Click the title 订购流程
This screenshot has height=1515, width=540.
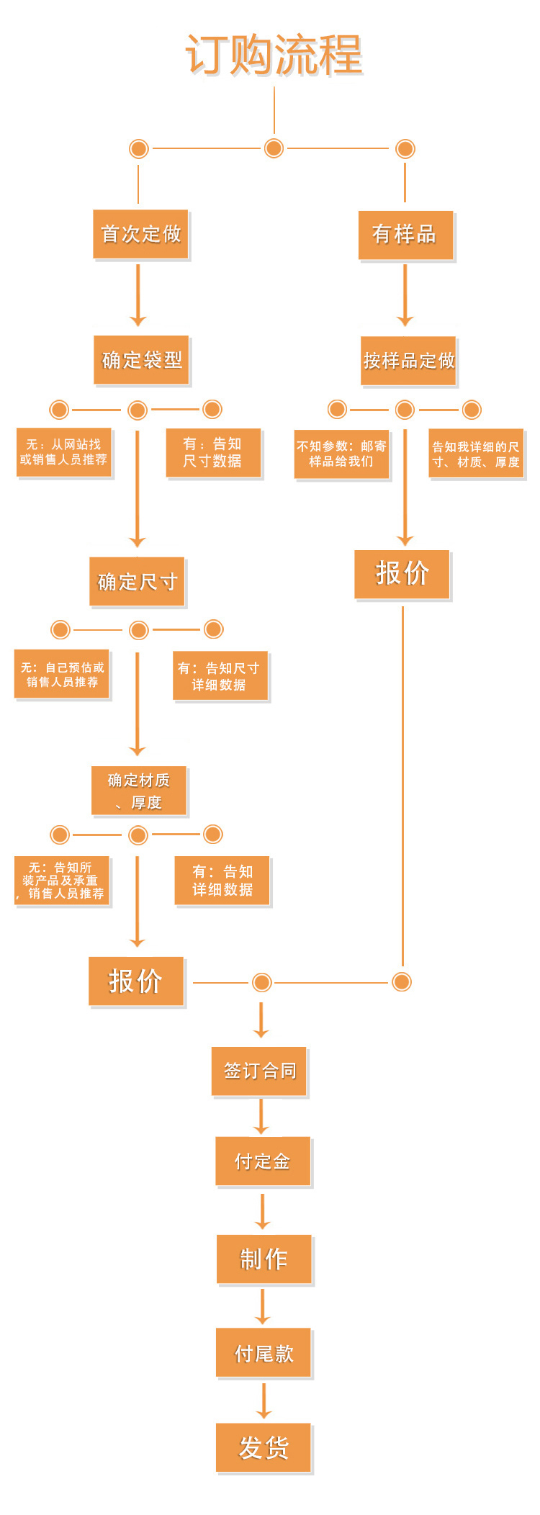point(274,55)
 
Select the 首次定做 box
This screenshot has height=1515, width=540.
point(140,234)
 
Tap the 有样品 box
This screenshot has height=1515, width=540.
point(405,235)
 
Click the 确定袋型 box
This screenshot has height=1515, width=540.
point(141,360)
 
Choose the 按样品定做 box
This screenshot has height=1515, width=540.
point(408,361)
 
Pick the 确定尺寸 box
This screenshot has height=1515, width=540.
point(137,582)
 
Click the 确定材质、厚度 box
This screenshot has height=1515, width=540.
point(139,791)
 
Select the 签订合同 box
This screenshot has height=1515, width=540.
point(259,1071)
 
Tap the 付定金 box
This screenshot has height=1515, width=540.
point(263,1161)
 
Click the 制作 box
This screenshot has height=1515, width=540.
point(264,1259)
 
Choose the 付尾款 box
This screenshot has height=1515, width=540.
point(264,1353)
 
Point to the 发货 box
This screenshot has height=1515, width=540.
point(264,1447)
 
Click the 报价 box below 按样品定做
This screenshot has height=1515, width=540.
point(402,574)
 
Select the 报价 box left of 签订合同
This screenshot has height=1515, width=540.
point(136,981)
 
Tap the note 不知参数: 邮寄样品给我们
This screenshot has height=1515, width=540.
point(341,454)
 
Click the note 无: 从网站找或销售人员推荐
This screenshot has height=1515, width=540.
point(63,452)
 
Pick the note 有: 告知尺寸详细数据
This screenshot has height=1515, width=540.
point(220,676)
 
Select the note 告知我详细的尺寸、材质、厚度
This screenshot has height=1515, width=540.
point(475,454)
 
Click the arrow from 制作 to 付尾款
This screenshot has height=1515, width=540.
point(263,1306)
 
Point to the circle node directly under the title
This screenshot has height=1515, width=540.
point(274,148)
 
